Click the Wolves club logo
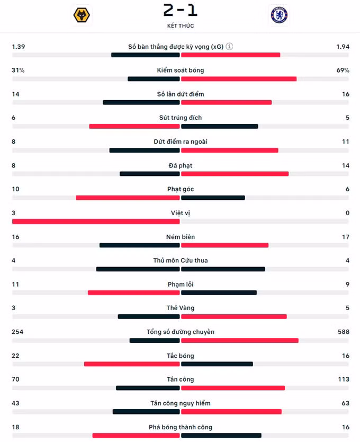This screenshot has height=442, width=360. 82,15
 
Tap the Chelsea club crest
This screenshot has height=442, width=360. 279,15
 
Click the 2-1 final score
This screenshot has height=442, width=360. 181,10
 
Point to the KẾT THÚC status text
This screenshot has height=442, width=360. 181,25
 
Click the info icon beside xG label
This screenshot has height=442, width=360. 229,46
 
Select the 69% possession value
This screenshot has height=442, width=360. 343,70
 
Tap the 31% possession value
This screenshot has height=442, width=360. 18,70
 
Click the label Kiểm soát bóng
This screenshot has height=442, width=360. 181,70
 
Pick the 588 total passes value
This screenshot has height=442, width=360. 344,332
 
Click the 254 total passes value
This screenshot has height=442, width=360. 17,332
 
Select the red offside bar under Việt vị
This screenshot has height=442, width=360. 96,222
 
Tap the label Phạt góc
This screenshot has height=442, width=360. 181,189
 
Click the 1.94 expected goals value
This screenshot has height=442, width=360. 343,47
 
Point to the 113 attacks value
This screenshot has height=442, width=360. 344,379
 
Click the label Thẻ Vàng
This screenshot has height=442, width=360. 181,308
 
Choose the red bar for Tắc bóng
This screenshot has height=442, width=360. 132,364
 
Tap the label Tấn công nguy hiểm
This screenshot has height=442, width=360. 181,403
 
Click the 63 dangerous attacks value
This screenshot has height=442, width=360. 346,403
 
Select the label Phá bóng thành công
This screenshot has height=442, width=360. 181,427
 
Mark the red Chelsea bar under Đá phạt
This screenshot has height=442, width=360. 235,174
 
